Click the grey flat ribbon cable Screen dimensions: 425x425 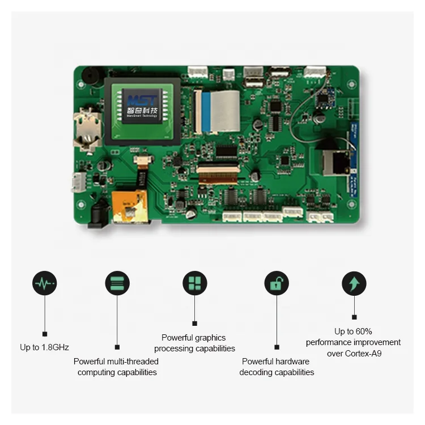(225, 110)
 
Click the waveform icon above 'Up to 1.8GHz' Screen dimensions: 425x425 (45, 283)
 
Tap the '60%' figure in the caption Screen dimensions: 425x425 (363, 331)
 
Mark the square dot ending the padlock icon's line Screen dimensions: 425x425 (277, 347)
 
